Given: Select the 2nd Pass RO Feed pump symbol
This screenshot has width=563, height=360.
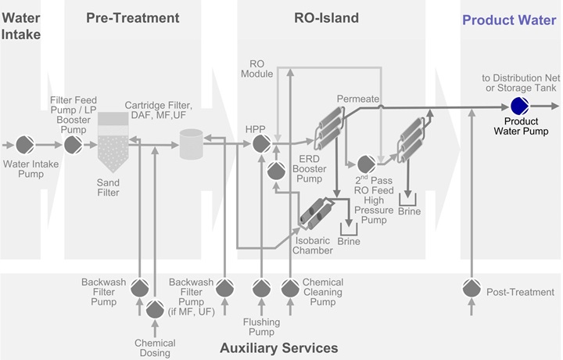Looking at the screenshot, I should (365, 164).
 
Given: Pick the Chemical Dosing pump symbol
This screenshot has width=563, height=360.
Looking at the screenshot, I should (154, 311).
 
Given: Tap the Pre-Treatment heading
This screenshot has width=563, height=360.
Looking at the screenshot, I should (132, 18).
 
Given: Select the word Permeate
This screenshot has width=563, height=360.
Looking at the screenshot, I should (358, 99).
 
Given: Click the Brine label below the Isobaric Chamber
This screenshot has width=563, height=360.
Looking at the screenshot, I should (349, 243).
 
